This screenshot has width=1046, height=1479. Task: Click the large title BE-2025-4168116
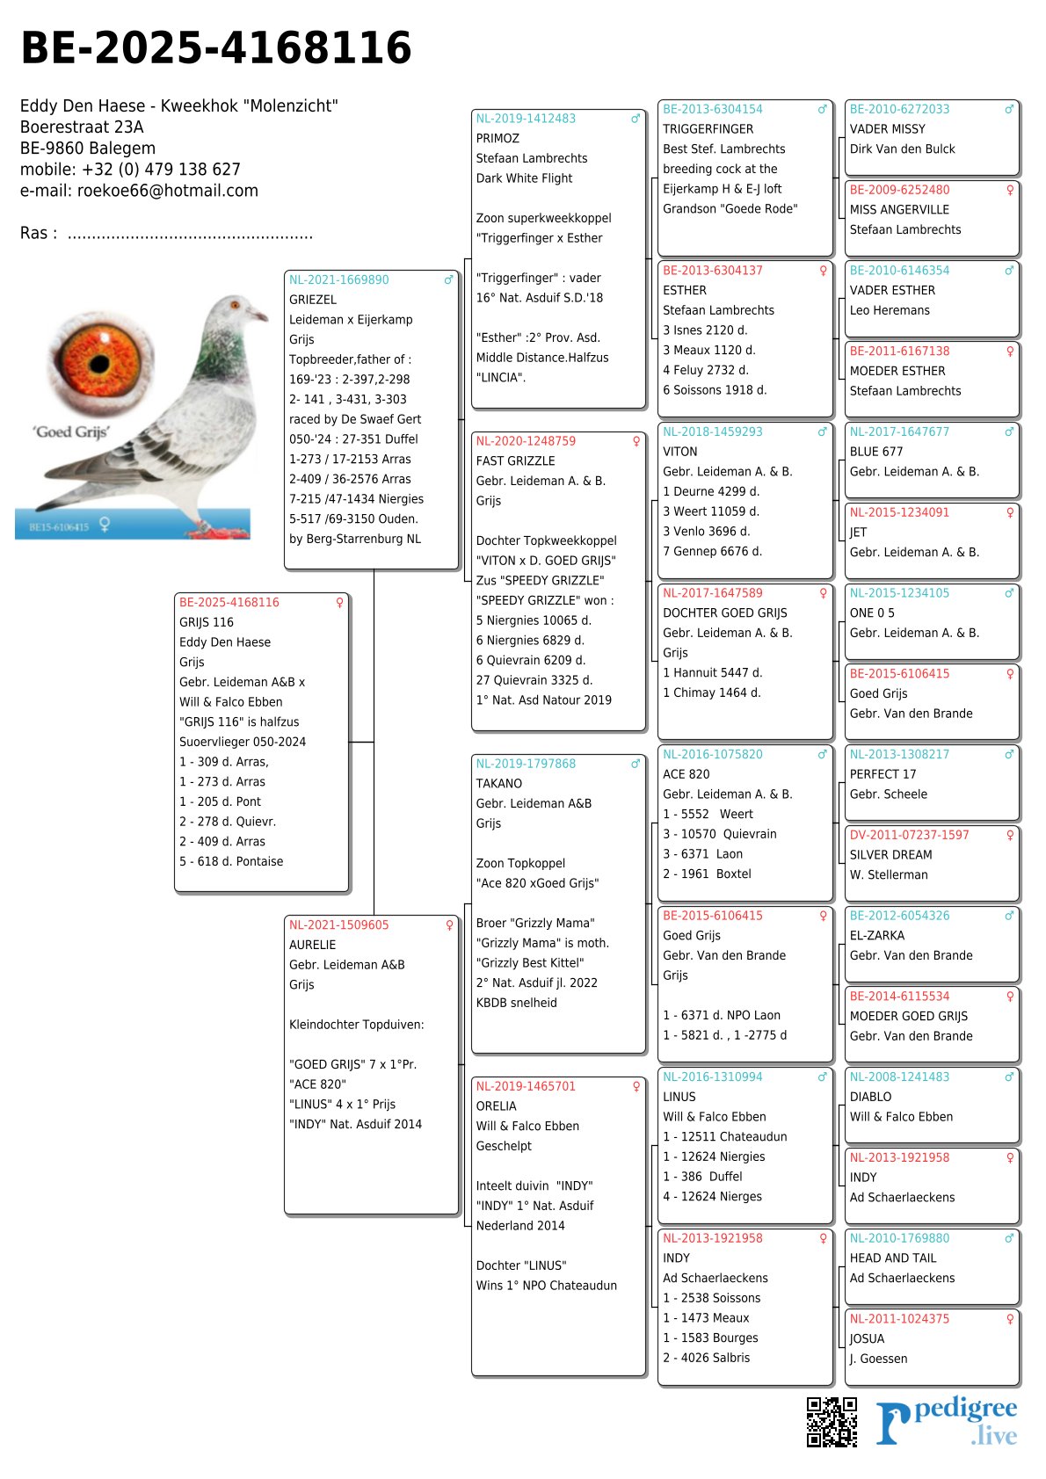click(216, 48)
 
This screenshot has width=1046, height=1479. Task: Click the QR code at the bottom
click(832, 1421)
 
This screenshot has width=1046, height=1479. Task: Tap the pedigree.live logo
click(946, 1422)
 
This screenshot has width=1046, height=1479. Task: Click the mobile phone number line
click(130, 170)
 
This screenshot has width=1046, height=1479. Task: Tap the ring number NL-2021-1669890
click(338, 280)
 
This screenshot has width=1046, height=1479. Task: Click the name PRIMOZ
click(498, 139)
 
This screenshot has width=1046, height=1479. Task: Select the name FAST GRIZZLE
click(515, 461)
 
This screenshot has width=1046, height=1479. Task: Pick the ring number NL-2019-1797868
click(526, 764)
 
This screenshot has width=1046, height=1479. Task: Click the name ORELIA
click(496, 1106)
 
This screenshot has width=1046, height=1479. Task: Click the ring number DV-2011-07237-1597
click(909, 835)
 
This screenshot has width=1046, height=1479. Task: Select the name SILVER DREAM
click(890, 855)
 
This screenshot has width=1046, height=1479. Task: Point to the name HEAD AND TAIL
click(893, 1258)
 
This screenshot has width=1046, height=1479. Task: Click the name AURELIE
click(312, 945)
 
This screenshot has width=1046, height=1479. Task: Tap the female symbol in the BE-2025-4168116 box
click(339, 603)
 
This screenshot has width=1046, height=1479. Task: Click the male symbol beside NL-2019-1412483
click(636, 119)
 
